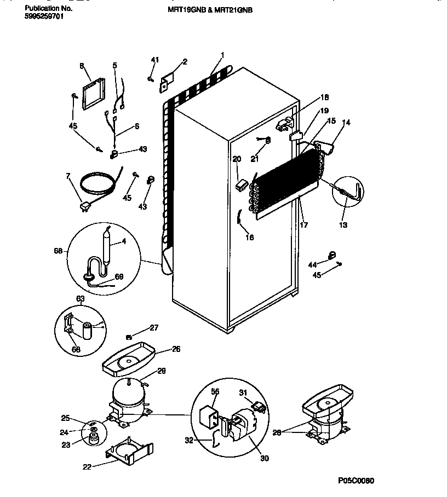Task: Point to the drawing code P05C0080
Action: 356,480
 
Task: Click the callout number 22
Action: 86,466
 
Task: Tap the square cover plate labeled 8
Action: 93,94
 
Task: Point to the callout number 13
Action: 343,224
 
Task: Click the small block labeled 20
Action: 239,186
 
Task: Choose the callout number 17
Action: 304,224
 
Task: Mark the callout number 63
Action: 81,299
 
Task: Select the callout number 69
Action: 118,276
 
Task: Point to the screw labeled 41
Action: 150,78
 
